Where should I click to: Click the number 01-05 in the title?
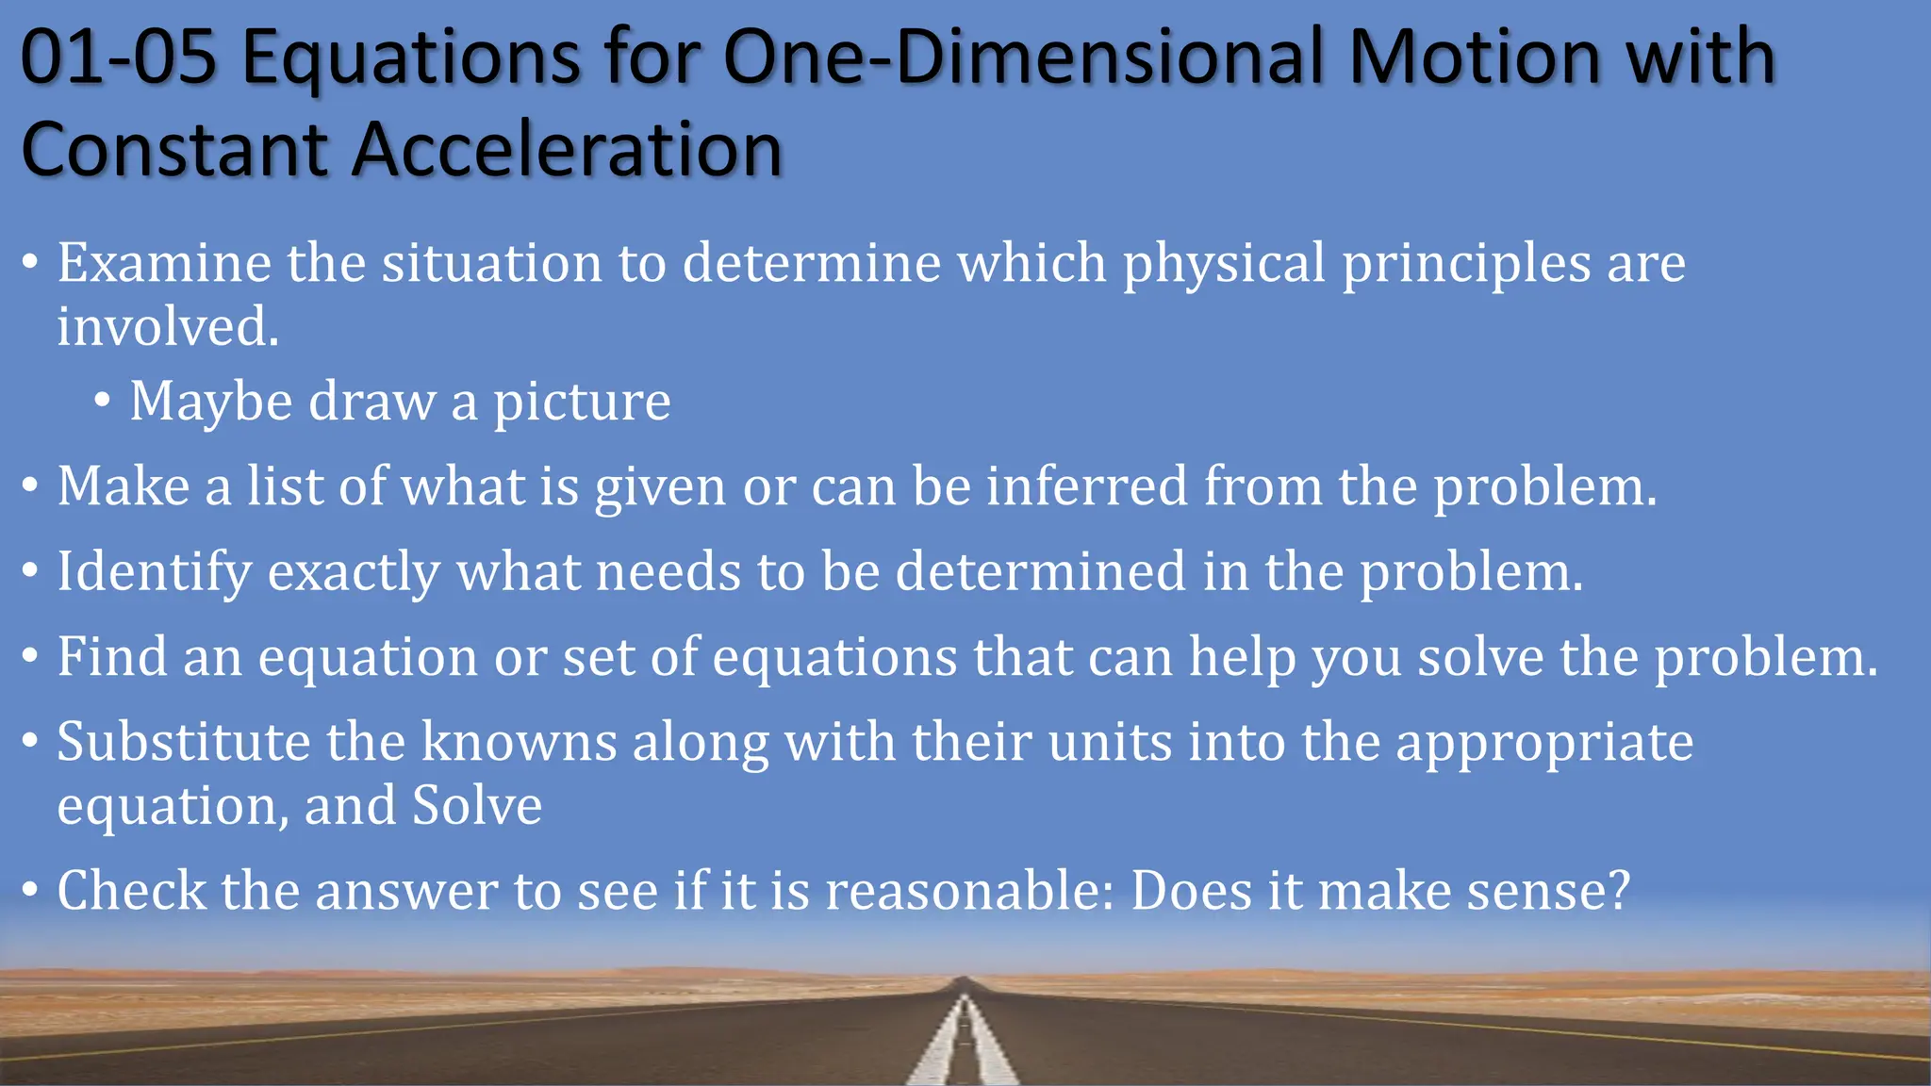118,58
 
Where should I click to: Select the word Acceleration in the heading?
566,151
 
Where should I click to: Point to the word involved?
168,327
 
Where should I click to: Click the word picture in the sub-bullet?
582,403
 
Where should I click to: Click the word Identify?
155,572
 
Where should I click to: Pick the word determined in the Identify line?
1040,572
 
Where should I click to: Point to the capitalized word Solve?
477,806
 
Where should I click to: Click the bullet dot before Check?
30,891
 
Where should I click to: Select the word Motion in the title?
1477,58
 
